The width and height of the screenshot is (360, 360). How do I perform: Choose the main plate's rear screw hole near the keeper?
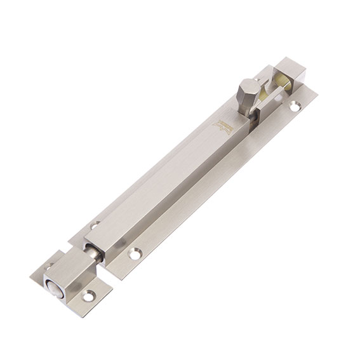click(x=96, y=225)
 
